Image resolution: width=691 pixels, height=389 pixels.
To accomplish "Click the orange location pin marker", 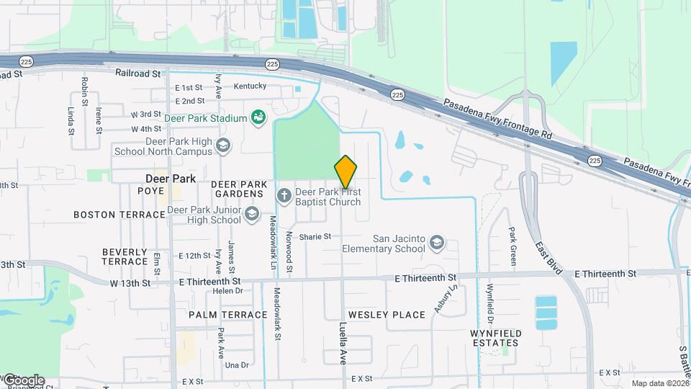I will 345,172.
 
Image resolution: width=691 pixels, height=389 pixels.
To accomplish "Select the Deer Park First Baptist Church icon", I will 284,194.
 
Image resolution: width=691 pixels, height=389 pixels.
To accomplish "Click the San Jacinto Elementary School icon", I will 437,243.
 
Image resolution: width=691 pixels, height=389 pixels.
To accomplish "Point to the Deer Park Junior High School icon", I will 251,214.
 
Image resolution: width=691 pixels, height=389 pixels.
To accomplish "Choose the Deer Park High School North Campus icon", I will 223,146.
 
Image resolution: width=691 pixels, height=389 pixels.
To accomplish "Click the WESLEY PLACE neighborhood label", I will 387,315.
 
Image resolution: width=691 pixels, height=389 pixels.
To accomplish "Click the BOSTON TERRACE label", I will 119,215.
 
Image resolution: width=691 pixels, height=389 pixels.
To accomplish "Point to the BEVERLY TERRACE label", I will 125,256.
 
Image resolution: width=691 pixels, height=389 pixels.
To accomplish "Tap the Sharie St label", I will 315,236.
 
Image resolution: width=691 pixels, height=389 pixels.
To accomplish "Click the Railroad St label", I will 138,73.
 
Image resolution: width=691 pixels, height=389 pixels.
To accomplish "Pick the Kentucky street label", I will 250,86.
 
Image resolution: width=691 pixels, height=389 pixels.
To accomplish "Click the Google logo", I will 23,380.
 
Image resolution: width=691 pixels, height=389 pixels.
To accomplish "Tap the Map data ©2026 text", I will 659,383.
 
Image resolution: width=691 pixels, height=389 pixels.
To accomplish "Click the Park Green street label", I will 512,246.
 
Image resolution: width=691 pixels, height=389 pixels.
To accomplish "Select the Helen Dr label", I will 227,291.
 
